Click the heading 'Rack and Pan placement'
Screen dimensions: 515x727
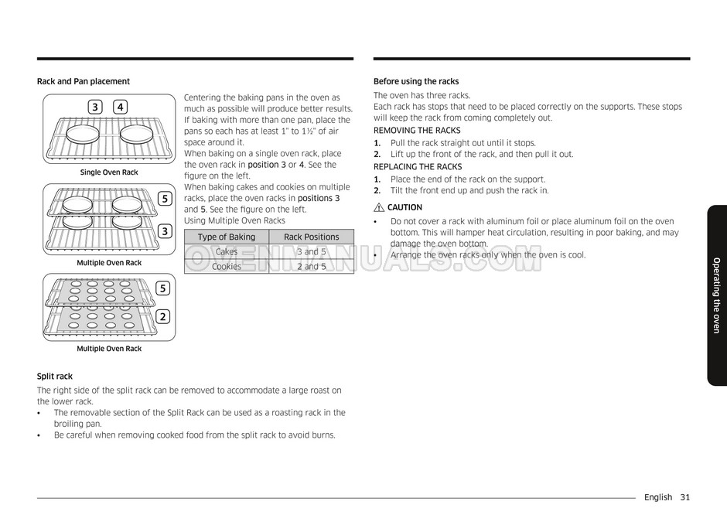point(84,81)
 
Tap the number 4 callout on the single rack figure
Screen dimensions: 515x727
point(120,107)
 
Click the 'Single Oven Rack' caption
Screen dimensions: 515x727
point(109,172)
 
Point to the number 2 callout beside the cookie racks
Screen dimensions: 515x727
point(163,316)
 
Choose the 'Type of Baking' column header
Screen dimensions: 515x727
point(226,237)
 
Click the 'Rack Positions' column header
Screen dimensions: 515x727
point(311,237)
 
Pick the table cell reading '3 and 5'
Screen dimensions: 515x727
point(311,251)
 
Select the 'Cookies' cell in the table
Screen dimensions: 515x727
point(226,266)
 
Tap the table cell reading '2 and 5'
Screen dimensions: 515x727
point(311,266)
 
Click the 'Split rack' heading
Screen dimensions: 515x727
point(55,377)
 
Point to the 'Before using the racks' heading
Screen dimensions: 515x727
point(416,81)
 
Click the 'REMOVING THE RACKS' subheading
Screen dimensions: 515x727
point(417,131)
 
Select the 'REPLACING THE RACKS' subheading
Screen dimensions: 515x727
point(418,167)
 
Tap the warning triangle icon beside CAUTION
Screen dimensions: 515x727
point(379,207)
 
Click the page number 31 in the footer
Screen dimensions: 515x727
point(685,497)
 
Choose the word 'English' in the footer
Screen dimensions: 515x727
point(657,497)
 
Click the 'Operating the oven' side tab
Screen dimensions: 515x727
point(716,295)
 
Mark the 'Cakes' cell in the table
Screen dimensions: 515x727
point(226,251)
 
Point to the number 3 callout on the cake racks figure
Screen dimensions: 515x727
point(163,231)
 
